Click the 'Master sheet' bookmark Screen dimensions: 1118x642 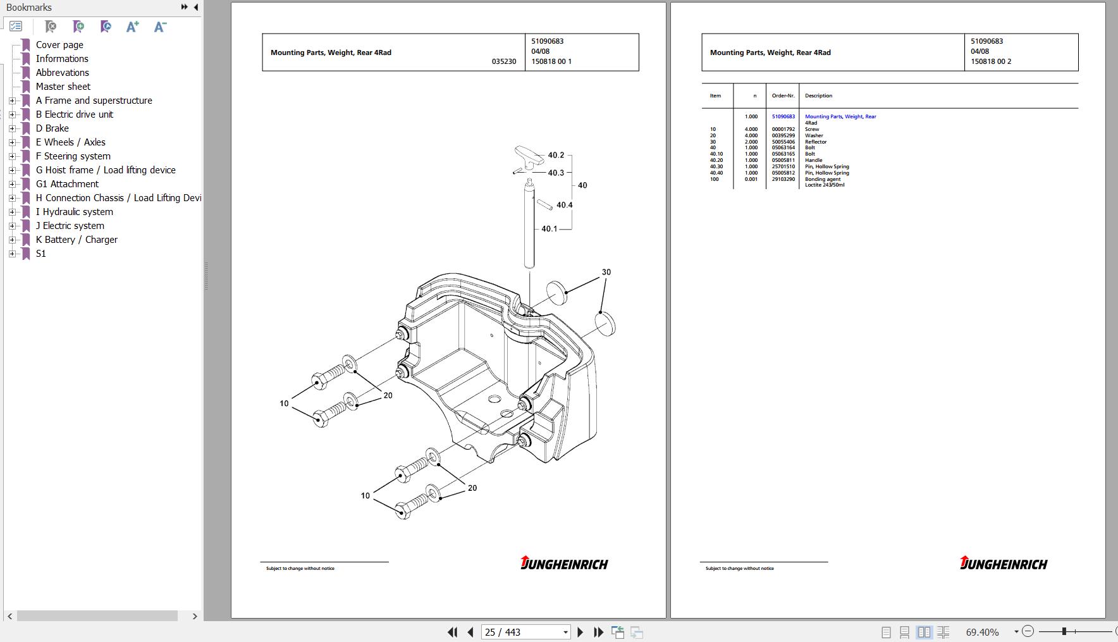[63, 87]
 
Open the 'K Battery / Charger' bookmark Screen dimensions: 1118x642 [77, 240]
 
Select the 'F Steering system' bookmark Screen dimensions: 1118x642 [73, 156]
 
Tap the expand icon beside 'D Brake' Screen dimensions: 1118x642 [12, 128]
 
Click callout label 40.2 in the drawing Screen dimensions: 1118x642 [556, 155]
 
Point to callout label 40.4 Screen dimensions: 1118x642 [565, 205]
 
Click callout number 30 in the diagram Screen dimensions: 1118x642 [606, 272]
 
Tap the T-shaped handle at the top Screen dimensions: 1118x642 [529, 156]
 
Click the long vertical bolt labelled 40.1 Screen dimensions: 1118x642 [529, 224]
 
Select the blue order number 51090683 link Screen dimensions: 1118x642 [783, 116]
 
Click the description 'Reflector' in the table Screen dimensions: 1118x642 [816, 142]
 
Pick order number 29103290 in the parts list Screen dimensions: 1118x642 [783, 179]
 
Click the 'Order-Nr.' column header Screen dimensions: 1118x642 [783, 96]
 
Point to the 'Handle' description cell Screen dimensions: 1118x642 [814, 160]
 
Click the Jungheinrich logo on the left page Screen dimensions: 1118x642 [564, 563]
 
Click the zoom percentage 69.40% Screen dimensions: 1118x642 [982, 632]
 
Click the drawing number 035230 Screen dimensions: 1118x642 [504, 61]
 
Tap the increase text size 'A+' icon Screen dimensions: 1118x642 [132, 27]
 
